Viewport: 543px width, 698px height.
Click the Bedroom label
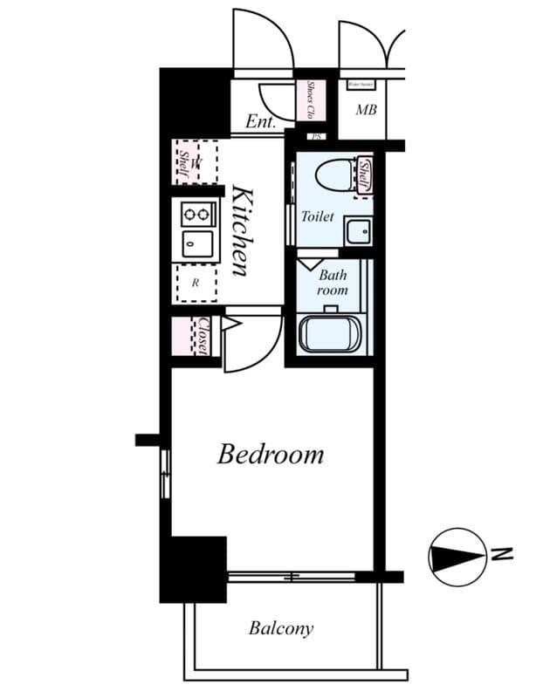pyautogui.click(x=271, y=455)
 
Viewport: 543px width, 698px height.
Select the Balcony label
pyautogui.click(x=280, y=628)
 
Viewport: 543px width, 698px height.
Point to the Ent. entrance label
pyautogui.click(x=260, y=122)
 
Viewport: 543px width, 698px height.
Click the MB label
pyautogui.click(x=366, y=111)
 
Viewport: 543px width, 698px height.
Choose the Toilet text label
pyautogui.click(x=318, y=216)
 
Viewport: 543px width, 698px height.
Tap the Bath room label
pyautogui.click(x=332, y=283)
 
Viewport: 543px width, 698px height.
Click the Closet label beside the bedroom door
pyautogui.click(x=203, y=336)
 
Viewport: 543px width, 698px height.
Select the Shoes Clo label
pyautogui.click(x=311, y=101)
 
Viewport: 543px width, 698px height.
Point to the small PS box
pyautogui.click(x=318, y=137)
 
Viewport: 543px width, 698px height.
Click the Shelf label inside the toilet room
pyautogui.click(x=365, y=174)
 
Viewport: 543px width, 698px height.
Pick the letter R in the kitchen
pyautogui.click(x=196, y=283)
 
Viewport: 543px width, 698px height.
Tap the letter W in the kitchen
pyautogui.click(x=196, y=162)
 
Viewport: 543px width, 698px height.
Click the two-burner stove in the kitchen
pyautogui.click(x=197, y=213)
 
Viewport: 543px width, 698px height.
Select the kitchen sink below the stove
pyautogui.click(x=197, y=244)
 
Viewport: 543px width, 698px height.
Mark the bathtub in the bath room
pyautogui.click(x=330, y=335)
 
